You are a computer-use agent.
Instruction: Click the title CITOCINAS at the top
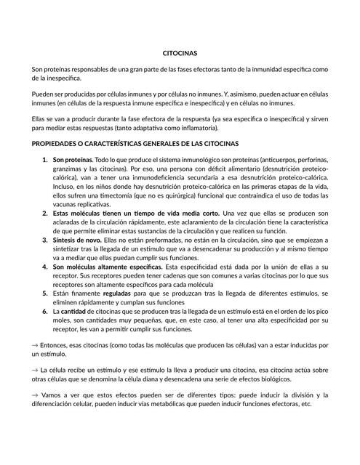[x=180, y=53]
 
